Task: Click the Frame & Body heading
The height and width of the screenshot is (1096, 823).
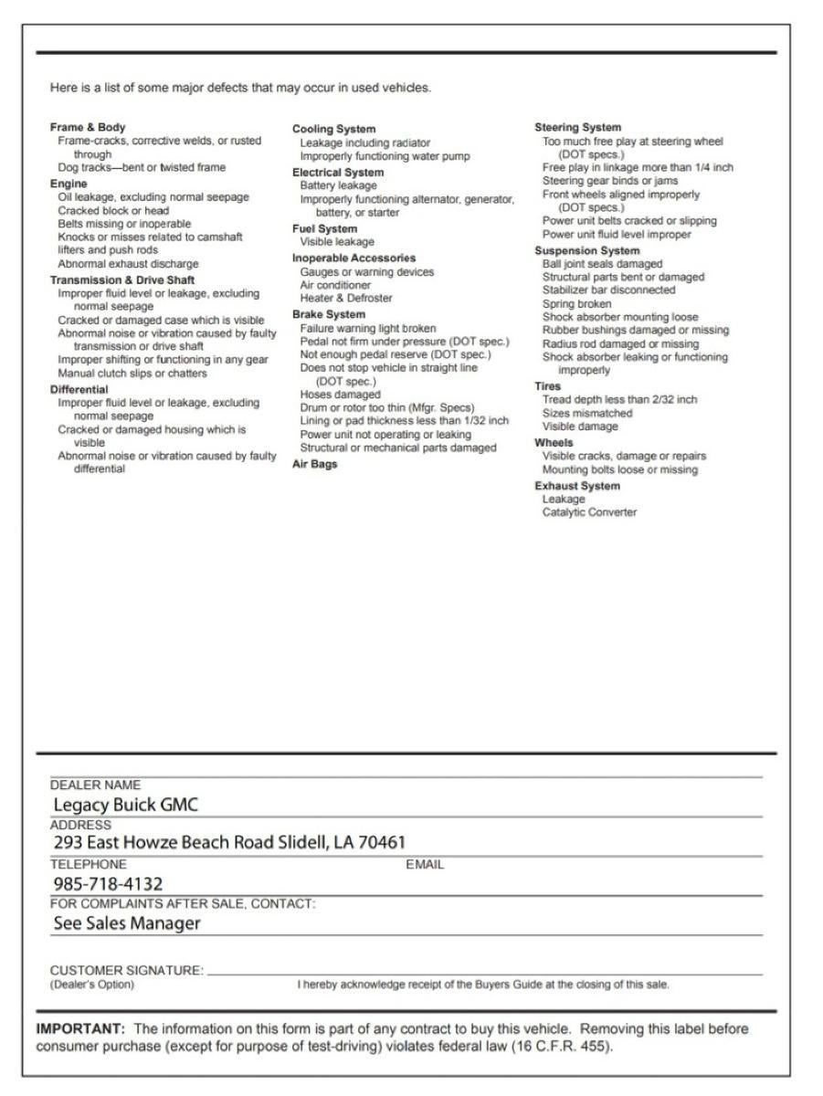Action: point(88,127)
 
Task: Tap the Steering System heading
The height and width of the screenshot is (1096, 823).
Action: point(577,128)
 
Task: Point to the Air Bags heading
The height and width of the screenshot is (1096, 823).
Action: point(314,464)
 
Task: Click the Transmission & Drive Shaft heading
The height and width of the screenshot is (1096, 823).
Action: point(122,279)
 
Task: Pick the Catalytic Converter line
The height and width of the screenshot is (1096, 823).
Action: point(589,512)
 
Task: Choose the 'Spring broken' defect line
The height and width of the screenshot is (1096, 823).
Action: point(577,303)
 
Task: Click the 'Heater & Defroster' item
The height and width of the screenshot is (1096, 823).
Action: point(346,298)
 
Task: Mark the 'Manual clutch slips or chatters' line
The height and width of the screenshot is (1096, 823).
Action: point(132,373)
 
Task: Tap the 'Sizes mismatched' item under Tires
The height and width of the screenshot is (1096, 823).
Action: point(587,413)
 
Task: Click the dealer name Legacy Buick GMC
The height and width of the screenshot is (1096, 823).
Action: point(126,805)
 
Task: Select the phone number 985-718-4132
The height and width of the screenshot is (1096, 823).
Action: point(108,883)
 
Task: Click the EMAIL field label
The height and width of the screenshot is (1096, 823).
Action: point(425,864)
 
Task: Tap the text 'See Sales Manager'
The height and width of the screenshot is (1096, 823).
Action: point(127,923)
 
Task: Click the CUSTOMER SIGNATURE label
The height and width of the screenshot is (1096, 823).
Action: point(126,971)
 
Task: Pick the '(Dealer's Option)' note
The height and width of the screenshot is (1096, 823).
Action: point(91,985)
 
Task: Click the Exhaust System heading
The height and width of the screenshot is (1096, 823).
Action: point(577,486)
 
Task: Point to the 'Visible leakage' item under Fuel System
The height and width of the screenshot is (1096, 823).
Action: point(337,242)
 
